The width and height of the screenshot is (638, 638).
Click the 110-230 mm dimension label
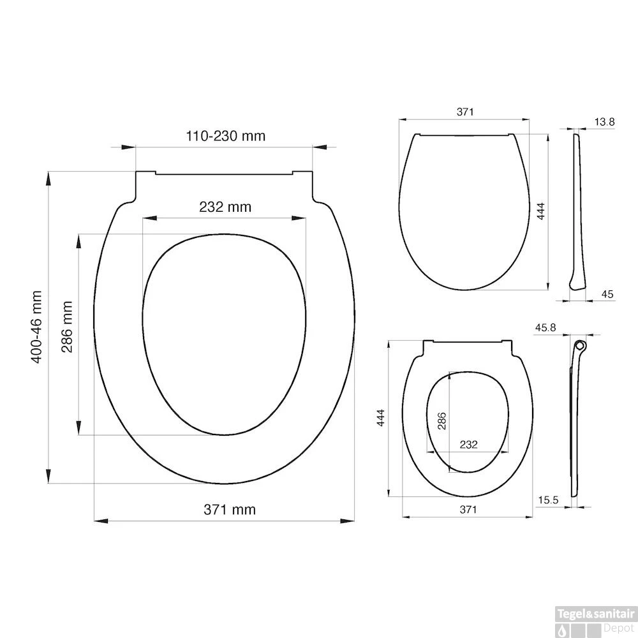(x=225, y=136)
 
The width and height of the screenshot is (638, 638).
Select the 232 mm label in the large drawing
(x=225, y=207)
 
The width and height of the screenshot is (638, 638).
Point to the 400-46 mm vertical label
(x=37, y=327)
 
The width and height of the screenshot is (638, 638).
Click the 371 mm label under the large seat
(x=229, y=509)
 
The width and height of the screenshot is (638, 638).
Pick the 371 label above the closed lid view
(x=465, y=112)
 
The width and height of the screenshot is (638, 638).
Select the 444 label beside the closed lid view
(x=540, y=211)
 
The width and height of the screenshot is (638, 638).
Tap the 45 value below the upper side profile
(x=607, y=293)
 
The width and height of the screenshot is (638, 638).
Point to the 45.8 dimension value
(x=545, y=327)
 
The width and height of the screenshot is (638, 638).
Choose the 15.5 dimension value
(x=547, y=501)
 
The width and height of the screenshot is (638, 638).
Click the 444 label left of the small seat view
(x=380, y=419)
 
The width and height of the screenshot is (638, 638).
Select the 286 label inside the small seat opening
(x=441, y=422)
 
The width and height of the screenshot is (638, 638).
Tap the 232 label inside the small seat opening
(x=469, y=445)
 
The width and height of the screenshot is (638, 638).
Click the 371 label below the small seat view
(x=468, y=509)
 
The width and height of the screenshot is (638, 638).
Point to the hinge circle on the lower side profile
(x=579, y=345)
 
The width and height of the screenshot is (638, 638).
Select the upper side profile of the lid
(x=578, y=211)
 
